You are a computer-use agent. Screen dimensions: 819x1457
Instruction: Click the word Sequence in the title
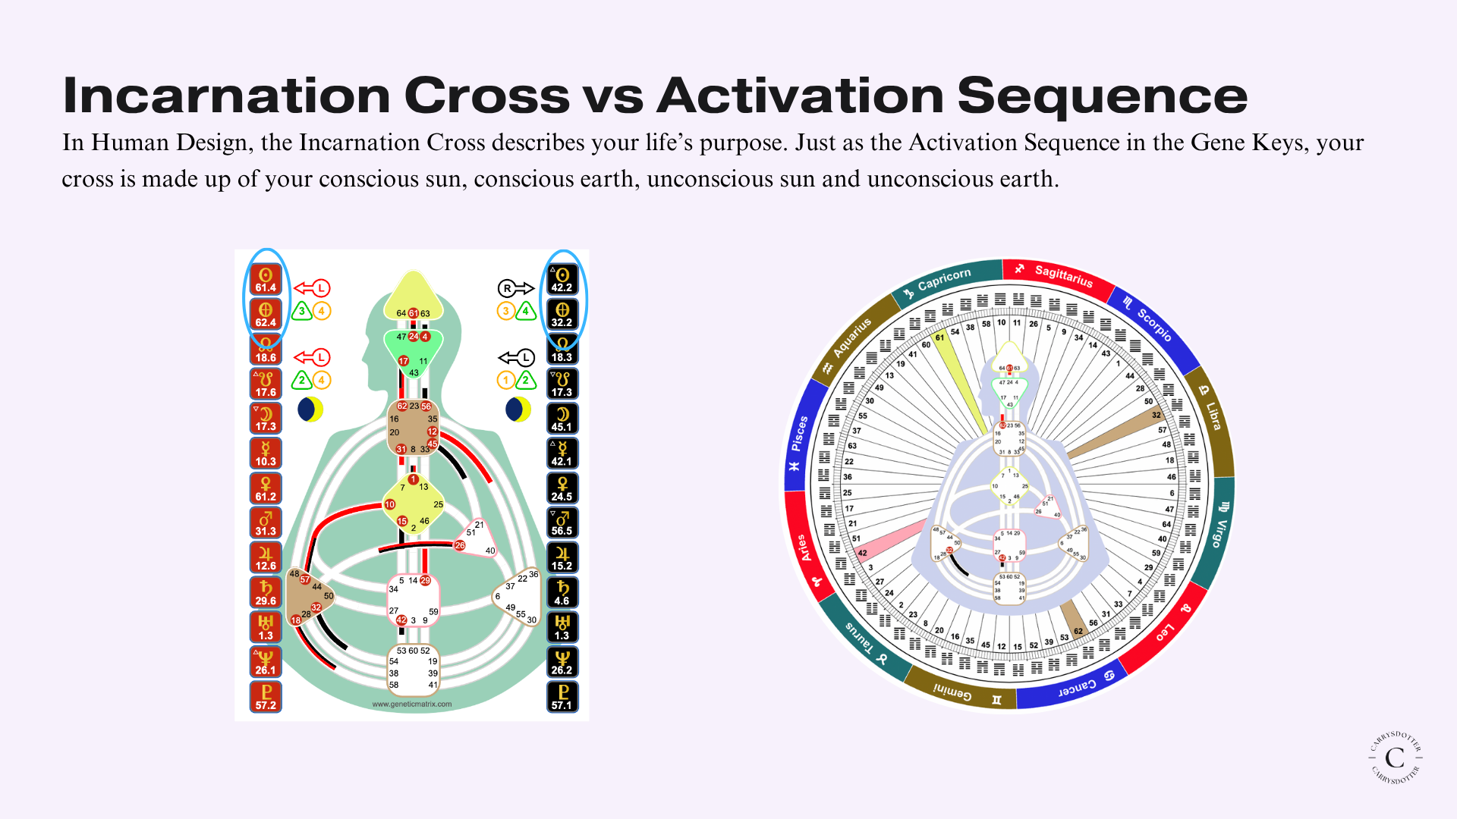point(1102,96)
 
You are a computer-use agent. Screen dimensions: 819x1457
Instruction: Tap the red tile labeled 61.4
point(266,279)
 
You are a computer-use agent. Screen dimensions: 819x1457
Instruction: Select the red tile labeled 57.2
point(266,697)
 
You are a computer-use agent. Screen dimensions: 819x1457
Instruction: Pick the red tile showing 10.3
point(266,453)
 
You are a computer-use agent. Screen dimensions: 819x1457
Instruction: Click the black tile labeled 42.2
point(562,279)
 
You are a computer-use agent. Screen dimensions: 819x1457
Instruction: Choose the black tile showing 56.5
point(562,523)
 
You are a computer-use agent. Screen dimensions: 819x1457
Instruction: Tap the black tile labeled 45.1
point(562,419)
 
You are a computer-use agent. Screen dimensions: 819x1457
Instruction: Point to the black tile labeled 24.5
point(562,488)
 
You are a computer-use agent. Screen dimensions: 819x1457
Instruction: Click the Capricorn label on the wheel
point(942,280)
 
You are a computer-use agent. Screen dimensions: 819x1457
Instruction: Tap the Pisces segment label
point(798,434)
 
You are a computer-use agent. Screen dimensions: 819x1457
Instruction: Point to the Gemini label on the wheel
point(952,693)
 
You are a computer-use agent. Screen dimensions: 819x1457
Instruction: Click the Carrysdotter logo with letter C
point(1395,757)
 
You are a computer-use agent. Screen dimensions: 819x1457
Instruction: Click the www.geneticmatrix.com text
point(412,704)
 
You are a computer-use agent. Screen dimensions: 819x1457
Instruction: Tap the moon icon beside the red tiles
point(310,409)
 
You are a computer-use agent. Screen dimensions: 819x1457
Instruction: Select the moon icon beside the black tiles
point(518,409)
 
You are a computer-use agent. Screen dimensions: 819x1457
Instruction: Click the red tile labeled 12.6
point(266,557)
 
